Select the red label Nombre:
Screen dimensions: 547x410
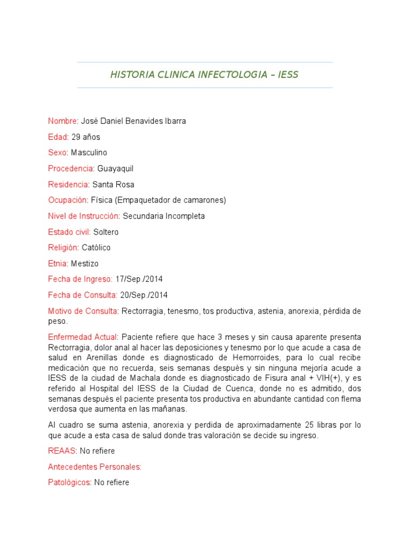click(63, 121)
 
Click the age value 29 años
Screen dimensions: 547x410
click(85, 137)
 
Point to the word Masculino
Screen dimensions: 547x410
click(89, 153)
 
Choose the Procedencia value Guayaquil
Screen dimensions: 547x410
click(115, 169)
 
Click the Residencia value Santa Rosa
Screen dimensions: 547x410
click(113, 184)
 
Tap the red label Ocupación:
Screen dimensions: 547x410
click(68, 200)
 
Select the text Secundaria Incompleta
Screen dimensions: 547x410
click(164, 216)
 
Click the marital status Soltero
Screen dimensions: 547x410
click(106, 232)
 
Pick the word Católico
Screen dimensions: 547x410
click(96, 248)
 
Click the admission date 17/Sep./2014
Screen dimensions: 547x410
click(139, 279)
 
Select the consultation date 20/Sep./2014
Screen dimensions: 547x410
click(144, 295)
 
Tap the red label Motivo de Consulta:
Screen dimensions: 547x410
click(83, 311)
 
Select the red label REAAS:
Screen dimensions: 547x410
click(62, 451)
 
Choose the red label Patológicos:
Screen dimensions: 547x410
click(69, 482)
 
